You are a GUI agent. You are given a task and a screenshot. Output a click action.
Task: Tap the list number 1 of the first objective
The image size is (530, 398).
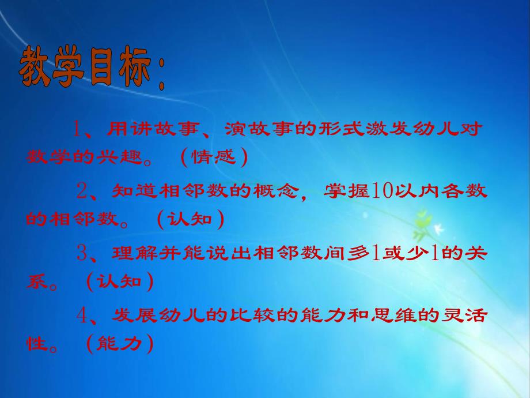tap(78, 129)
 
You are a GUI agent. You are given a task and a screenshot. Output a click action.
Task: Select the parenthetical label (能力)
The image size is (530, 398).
tap(120, 344)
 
